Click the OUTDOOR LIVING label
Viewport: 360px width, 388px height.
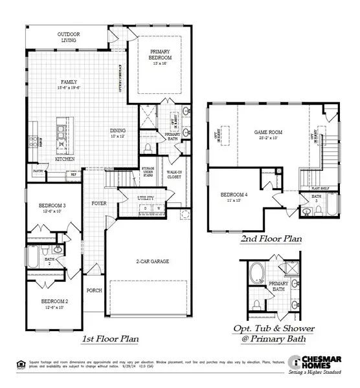point(67,37)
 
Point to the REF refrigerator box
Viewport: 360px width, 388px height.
point(73,174)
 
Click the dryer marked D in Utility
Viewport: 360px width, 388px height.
point(146,208)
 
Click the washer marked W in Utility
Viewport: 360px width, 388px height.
point(157,208)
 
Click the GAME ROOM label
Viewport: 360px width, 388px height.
point(269,131)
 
